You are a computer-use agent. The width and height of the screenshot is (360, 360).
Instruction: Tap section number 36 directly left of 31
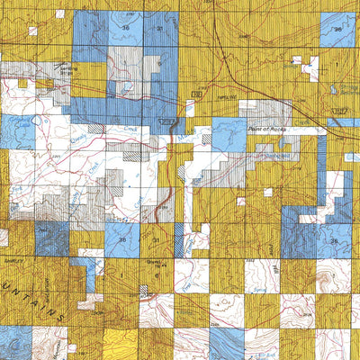(x=125, y=29)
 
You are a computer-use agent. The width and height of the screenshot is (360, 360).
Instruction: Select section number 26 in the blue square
(x=122, y=239)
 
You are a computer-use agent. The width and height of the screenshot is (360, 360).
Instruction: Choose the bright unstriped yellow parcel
(x=122, y=342)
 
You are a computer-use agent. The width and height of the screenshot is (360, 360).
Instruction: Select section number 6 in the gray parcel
(x=158, y=64)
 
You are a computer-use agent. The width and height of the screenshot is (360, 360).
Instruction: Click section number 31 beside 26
(x=155, y=239)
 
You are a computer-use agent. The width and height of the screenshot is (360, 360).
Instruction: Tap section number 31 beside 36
(x=159, y=29)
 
